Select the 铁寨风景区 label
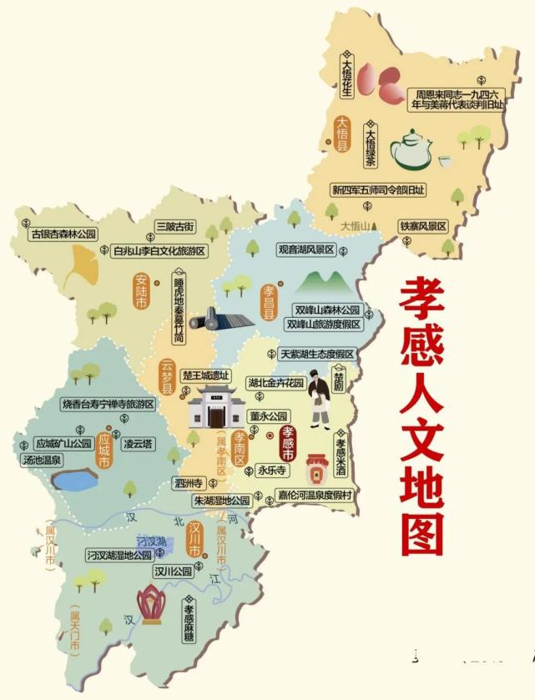point(424,226)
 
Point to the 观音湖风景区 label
point(306,249)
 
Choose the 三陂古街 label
point(174,226)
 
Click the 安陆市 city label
point(141,292)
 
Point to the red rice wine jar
point(316,470)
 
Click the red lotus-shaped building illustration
point(151,604)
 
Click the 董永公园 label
point(267,415)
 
